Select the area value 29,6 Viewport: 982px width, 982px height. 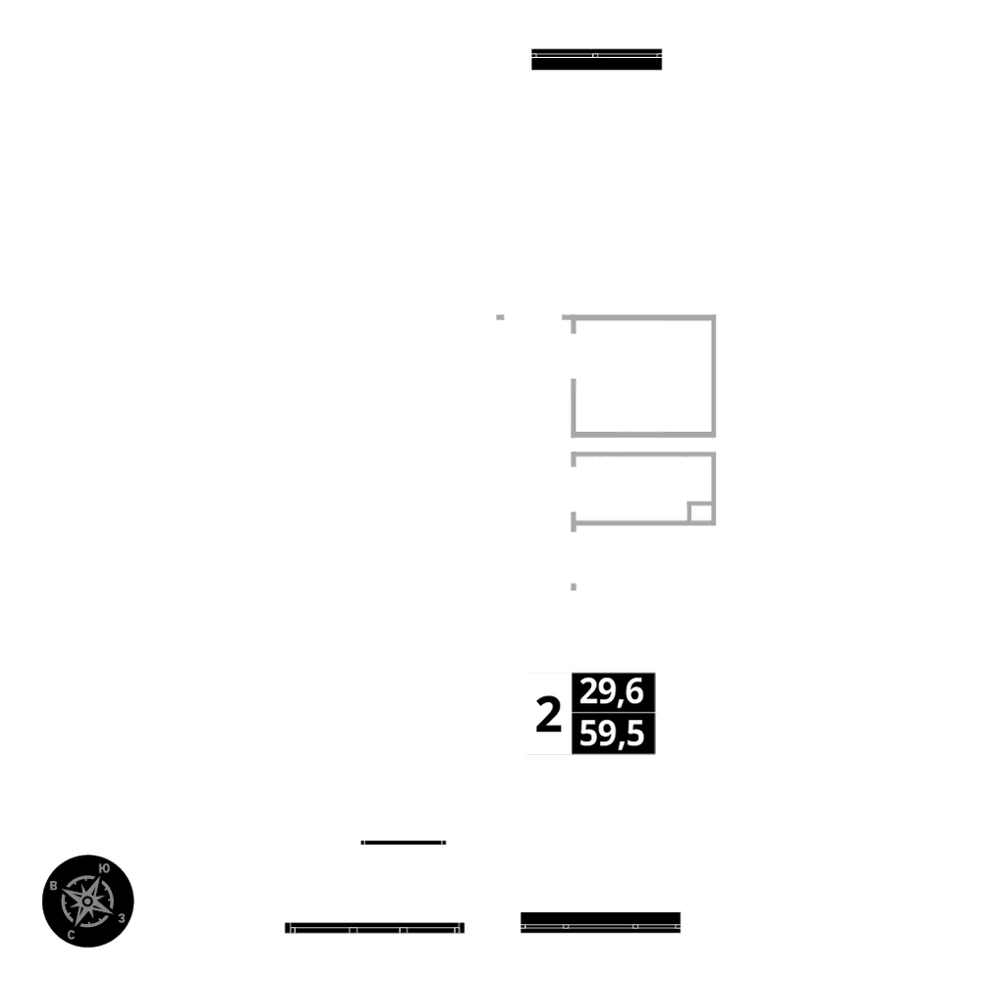(612, 693)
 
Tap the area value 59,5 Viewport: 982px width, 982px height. (612, 735)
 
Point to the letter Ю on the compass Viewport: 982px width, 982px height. (104, 868)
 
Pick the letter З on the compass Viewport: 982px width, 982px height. (121, 918)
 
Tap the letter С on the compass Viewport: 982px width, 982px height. (72, 935)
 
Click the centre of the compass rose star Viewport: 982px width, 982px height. (87, 900)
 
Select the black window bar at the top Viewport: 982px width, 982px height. (596, 59)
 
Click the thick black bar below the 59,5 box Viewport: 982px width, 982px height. (600, 922)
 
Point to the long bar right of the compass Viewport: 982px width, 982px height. (374, 927)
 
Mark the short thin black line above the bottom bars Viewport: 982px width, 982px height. (404, 843)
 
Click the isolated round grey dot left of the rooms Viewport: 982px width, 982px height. (501, 317)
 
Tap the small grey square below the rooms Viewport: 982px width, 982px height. (573, 586)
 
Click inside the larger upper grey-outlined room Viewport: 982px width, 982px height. (643, 375)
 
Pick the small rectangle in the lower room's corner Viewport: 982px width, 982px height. (701, 513)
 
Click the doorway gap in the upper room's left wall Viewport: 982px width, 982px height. (573, 358)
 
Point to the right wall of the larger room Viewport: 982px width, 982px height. (713, 375)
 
